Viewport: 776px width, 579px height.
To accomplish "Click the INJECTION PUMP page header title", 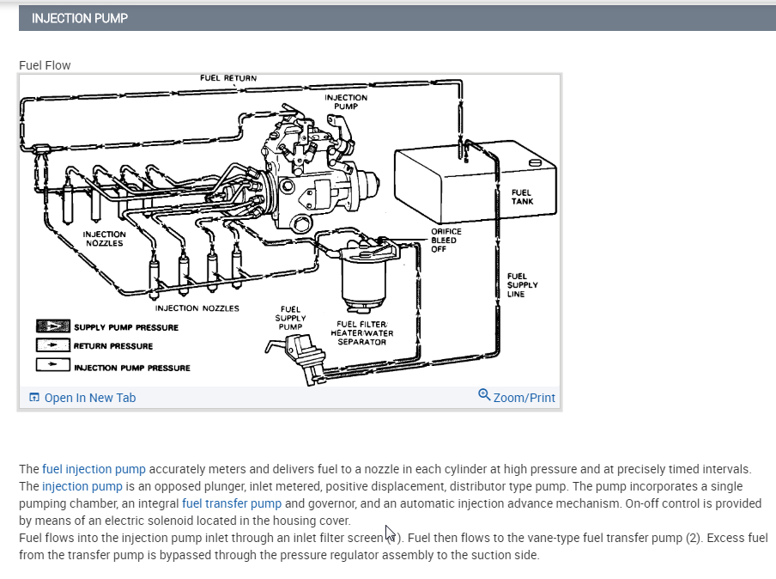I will [x=79, y=18].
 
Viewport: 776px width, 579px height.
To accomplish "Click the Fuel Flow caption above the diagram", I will [x=45, y=65].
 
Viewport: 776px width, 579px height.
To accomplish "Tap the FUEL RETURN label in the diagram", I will [x=227, y=78].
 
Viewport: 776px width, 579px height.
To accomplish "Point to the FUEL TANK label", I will [x=521, y=197].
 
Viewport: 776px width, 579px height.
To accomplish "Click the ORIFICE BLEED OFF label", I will [x=446, y=240].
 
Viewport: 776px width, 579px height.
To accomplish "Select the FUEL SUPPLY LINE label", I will [x=522, y=285].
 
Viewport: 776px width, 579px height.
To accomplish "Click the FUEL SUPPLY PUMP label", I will [x=290, y=318].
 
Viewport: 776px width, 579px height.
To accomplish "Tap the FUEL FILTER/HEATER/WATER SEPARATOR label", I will [x=361, y=333].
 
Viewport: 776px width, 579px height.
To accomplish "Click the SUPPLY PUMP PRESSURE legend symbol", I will [x=52, y=326].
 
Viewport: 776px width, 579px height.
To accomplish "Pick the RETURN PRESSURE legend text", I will [x=113, y=346].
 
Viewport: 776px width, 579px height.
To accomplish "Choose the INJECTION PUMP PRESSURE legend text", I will [x=132, y=368].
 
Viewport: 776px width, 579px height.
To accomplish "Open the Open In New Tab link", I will [x=89, y=398].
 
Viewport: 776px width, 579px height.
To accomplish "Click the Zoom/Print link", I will [x=524, y=398].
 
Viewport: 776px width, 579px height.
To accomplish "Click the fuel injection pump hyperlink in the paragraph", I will [x=94, y=469].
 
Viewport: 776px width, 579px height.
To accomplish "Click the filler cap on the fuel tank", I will [x=535, y=163].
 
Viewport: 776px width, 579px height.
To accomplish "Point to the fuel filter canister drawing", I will [x=364, y=279].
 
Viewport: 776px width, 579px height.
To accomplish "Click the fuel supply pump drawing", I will [x=300, y=352].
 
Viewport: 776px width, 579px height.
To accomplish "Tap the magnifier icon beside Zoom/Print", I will [x=484, y=395].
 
